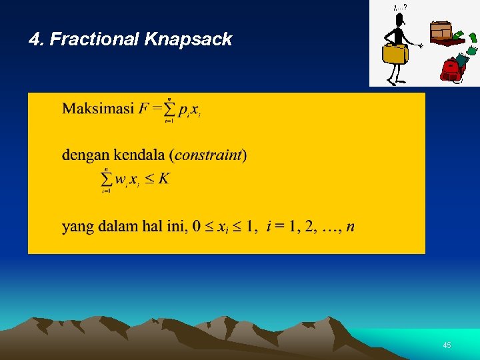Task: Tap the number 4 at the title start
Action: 34,40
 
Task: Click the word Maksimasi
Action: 98,109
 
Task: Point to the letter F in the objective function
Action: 144,109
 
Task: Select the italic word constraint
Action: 208,155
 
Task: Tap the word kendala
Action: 141,155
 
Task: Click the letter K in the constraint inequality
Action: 164,179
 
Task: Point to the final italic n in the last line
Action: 351,227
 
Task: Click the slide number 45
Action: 447,345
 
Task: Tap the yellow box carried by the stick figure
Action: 395,53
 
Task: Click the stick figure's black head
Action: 399,19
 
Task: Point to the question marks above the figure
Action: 400,7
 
